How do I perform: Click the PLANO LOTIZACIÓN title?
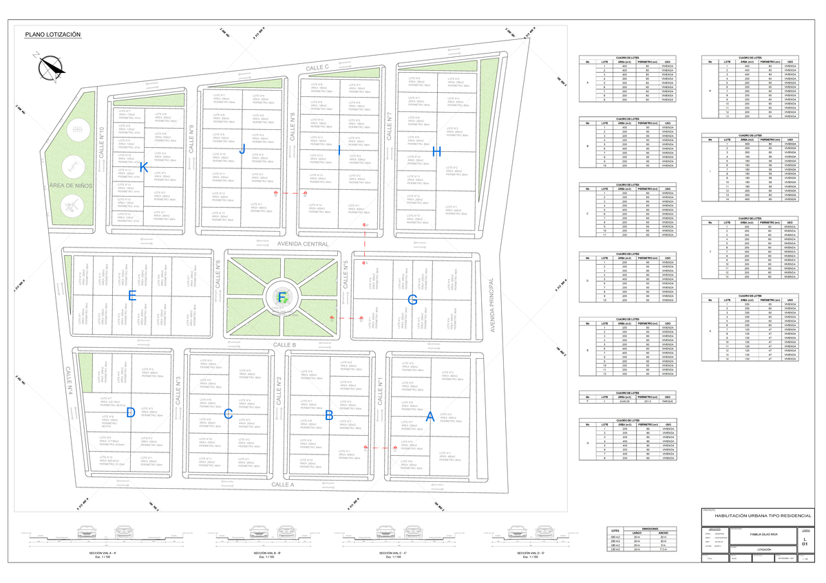tap(52, 35)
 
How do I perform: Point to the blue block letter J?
tap(242, 148)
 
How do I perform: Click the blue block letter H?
tap(436, 151)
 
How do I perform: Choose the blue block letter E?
tap(132, 296)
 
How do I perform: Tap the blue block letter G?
tap(412, 300)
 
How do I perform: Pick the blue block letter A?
tap(430, 416)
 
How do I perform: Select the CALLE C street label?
tap(318, 67)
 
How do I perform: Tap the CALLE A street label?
tap(282, 485)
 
